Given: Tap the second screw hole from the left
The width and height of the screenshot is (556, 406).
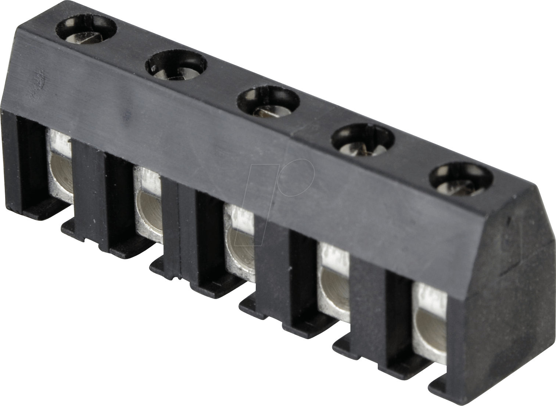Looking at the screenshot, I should (176, 66).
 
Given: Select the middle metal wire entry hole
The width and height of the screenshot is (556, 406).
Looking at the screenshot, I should (240, 250).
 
